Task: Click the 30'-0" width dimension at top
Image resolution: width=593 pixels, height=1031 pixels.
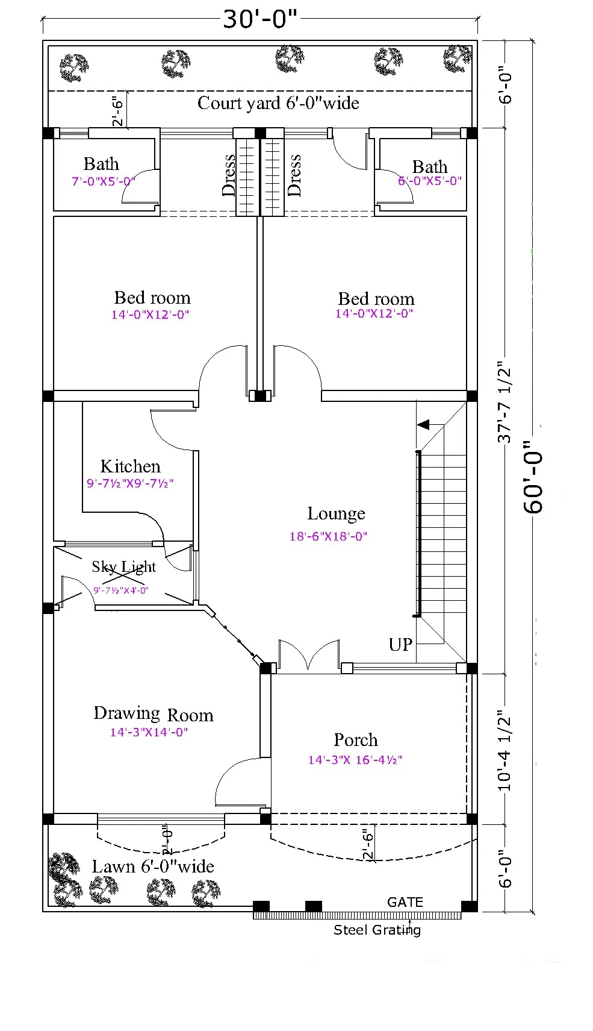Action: pyautogui.click(x=260, y=19)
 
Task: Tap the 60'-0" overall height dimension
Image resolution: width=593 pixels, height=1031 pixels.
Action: pyautogui.click(x=533, y=477)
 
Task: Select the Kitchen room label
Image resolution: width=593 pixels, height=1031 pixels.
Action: pyautogui.click(x=131, y=466)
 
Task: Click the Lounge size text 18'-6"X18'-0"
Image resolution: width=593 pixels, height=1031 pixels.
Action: pyautogui.click(x=328, y=536)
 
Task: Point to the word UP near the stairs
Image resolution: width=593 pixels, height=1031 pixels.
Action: pyautogui.click(x=400, y=644)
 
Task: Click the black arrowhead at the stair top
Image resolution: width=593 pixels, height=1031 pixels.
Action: pyautogui.click(x=423, y=424)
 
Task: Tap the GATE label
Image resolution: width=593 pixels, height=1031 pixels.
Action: pyautogui.click(x=405, y=902)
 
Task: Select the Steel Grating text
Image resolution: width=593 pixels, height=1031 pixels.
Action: pyautogui.click(x=377, y=930)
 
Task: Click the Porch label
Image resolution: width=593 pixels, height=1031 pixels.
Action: pyautogui.click(x=356, y=740)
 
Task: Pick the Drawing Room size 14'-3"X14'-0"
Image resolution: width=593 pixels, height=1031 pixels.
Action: pyautogui.click(x=149, y=732)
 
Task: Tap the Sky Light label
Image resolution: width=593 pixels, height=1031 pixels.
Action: pyautogui.click(x=123, y=566)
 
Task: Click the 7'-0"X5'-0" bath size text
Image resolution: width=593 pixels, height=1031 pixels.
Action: pyautogui.click(x=104, y=181)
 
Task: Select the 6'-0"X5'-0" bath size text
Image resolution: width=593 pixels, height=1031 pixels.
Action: pyautogui.click(x=430, y=181)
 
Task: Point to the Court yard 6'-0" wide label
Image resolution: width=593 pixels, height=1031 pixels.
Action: pyautogui.click(x=278, y=103)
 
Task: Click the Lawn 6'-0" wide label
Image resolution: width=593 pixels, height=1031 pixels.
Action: pyautogui.click(x=153, y=866)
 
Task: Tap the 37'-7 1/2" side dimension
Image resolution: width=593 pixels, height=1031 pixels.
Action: pyautogui.click(x=505, y=403)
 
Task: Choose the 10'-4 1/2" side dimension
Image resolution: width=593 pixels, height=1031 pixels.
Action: pyautogui.click(x=505, y=753)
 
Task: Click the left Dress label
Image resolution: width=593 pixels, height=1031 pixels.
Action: pyautogui.click(x=228, y=175)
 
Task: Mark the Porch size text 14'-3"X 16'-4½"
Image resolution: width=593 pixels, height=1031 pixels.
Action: pyautogui.click(x=355, y=760)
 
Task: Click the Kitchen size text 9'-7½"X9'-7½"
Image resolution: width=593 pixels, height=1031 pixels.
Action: pyautogui.click(x=130, y=483)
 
